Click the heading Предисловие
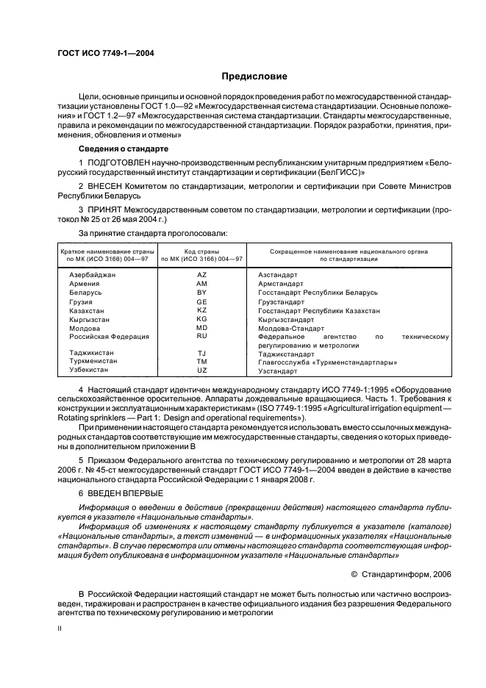pyautogui.click(x=254, y=76)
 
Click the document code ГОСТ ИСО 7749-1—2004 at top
pyautogui.click(x=105, y=53)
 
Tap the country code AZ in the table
pyautogui.click(x=201, y=273)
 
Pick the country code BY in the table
pyautogui.click(x=201, y=292)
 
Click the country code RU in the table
pyautogui.click(x=201, y=336)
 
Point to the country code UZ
pyautogui.click(x=201, y=371)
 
